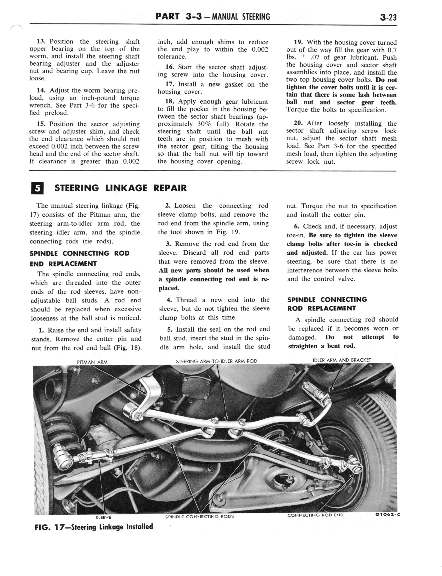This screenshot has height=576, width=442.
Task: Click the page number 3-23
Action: click(388, 17)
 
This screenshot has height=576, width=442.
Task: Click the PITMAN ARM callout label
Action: click(92, 362)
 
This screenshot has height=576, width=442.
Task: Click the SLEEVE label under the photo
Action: click(103, 517)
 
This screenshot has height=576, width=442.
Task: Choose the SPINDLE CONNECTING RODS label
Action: click(199, 516)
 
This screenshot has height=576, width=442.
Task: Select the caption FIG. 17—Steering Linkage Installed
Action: click(94, 527)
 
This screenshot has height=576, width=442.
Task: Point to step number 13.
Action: click(42, 42)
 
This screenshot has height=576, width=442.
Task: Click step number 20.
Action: click(298, 123)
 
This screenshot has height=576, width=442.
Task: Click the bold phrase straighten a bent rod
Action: click(322, 346)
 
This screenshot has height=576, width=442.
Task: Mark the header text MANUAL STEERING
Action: click(241, 17)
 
